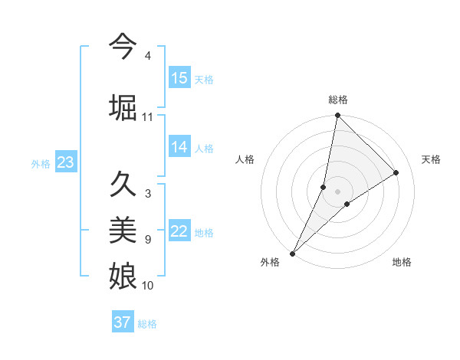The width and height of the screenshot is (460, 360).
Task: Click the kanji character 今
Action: point(123,47)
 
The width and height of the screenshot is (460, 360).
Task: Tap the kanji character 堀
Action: point(123,106)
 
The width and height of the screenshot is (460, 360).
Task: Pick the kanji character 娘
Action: point(123,273)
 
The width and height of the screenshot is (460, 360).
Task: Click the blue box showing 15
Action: point(179,78)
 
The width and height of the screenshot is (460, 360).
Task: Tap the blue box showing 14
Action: point(179,147)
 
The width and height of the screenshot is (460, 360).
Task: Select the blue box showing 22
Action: point(179,231)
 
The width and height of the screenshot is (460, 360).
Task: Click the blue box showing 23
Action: point(65,162)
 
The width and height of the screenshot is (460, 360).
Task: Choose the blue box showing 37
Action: point(123,322)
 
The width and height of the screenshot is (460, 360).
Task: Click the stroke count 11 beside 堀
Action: point(148,117)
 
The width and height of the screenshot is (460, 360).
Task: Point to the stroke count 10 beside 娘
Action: point(148,286)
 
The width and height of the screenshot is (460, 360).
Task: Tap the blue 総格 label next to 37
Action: point(147,324)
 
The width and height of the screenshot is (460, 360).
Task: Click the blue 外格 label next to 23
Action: point(41,163)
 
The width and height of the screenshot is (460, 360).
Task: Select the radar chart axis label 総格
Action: point(338,100)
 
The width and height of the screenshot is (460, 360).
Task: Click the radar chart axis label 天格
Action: point(432,159)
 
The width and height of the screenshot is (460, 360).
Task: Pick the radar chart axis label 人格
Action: point(245,159)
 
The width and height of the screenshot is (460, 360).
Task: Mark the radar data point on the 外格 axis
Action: point(292,253)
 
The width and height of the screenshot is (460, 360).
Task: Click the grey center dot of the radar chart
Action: point(338,191)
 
